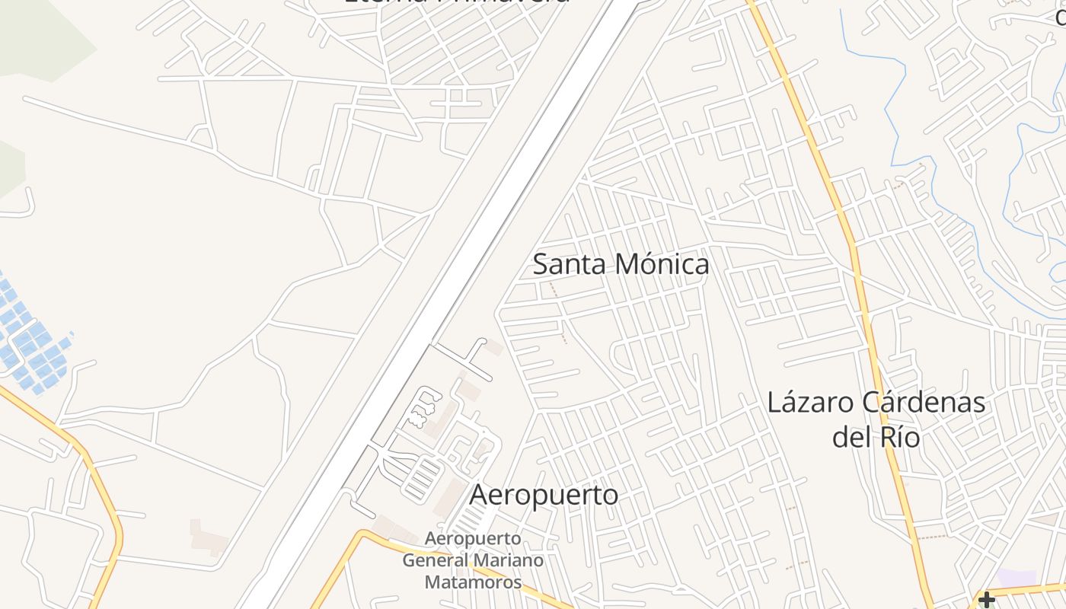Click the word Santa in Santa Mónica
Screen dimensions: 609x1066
[x=570, y=265]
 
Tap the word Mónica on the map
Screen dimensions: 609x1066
[x=661, y=265]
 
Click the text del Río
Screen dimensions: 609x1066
[x=876, y=438]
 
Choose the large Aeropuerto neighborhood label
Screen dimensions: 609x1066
[x=544, y=495]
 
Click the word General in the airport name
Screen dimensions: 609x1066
[x=435, y=561]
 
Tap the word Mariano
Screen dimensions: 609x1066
[x=509, y=561]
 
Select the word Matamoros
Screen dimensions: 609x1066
[x=473, y=583]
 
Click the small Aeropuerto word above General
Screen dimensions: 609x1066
[x=473, y=539]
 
